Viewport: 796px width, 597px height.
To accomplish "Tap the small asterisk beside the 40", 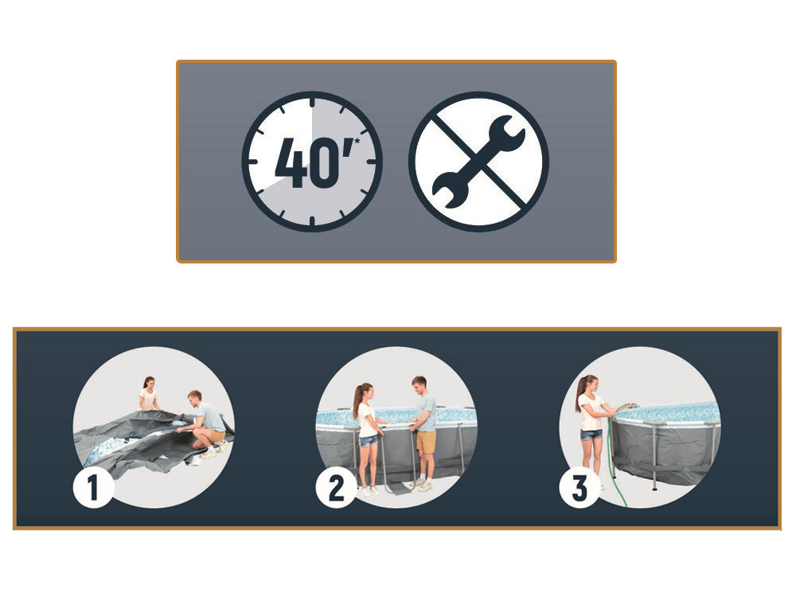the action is [x=357, y=140].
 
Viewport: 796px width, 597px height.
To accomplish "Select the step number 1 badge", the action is [x=93, y=488].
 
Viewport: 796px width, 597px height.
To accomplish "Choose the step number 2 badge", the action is [x=336, y=488].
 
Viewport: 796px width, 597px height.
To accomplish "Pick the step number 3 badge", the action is [x=579, y=488].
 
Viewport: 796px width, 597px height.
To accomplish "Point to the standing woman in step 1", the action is [x=149, y=393].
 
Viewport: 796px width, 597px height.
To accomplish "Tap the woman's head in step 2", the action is [x=366, y=392].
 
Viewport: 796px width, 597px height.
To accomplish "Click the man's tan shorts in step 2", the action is [x=426, y=442].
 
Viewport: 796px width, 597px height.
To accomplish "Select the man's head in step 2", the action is [x=419, y=385].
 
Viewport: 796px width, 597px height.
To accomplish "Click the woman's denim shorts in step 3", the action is [x=591, y=435].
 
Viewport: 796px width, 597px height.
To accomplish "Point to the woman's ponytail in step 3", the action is [x=580, y=393].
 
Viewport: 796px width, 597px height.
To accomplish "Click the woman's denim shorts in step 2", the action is [x=369, y=441].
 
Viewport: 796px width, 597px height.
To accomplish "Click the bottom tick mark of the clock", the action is [x=312, y=221].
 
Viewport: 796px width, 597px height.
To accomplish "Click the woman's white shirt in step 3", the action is [x=591, y=412].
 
